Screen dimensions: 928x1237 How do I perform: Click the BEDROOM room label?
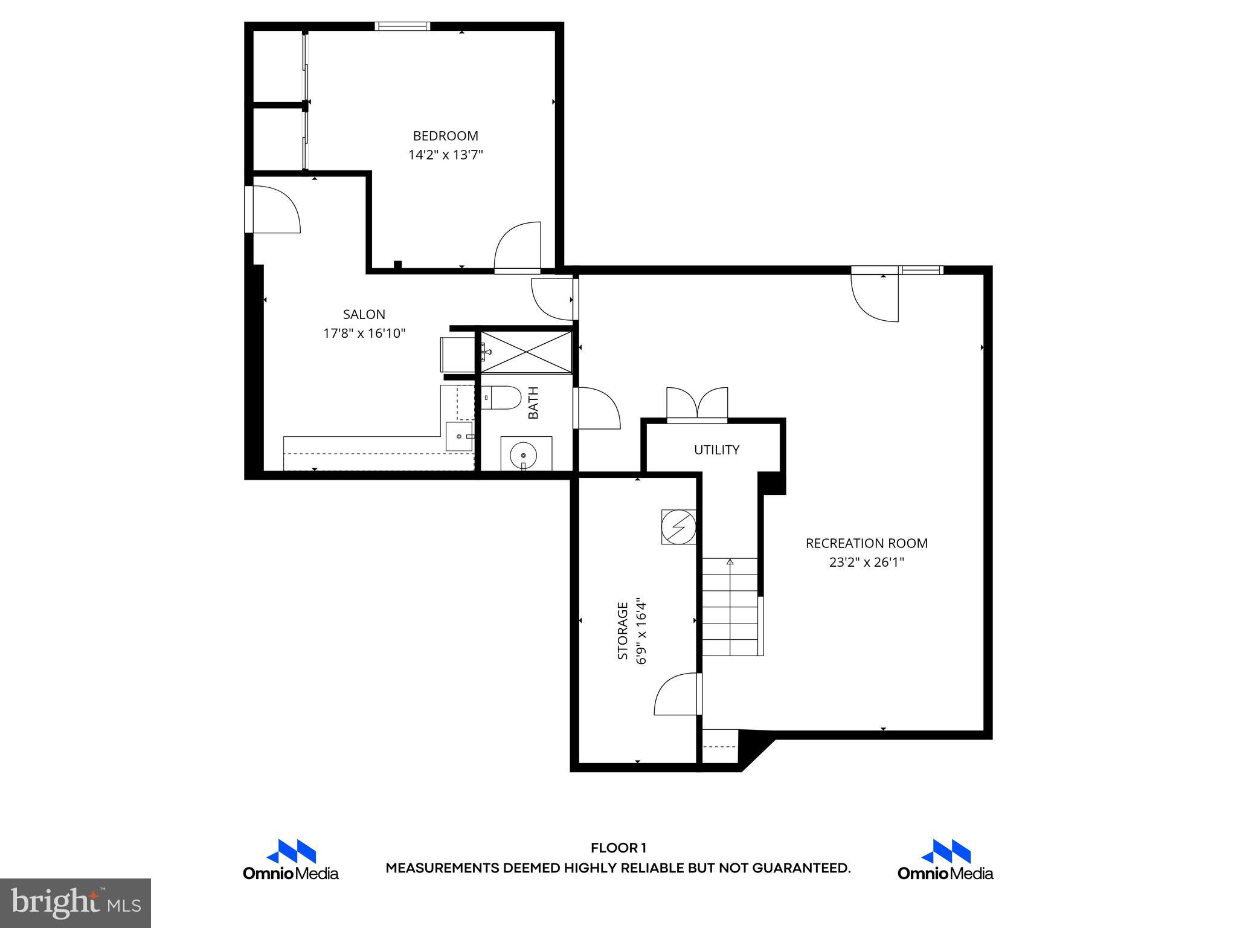445,136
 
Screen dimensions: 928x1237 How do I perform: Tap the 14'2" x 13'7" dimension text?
445,155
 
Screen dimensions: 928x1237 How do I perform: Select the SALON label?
364,314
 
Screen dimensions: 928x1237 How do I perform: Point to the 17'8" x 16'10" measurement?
364,333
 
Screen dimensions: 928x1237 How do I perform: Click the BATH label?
533,403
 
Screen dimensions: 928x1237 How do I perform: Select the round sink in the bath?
522,453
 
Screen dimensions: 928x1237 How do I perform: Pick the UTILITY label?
716,449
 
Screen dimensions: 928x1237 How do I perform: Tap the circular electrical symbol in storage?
678,527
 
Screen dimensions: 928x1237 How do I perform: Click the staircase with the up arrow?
730,607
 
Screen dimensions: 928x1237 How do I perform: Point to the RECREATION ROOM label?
866,543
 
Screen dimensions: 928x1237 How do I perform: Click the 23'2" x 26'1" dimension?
866,562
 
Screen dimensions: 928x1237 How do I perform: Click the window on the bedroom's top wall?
402,26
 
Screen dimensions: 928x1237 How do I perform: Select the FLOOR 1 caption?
618,848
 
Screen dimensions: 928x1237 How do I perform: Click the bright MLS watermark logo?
75,903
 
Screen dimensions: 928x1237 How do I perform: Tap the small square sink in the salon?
460,436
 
